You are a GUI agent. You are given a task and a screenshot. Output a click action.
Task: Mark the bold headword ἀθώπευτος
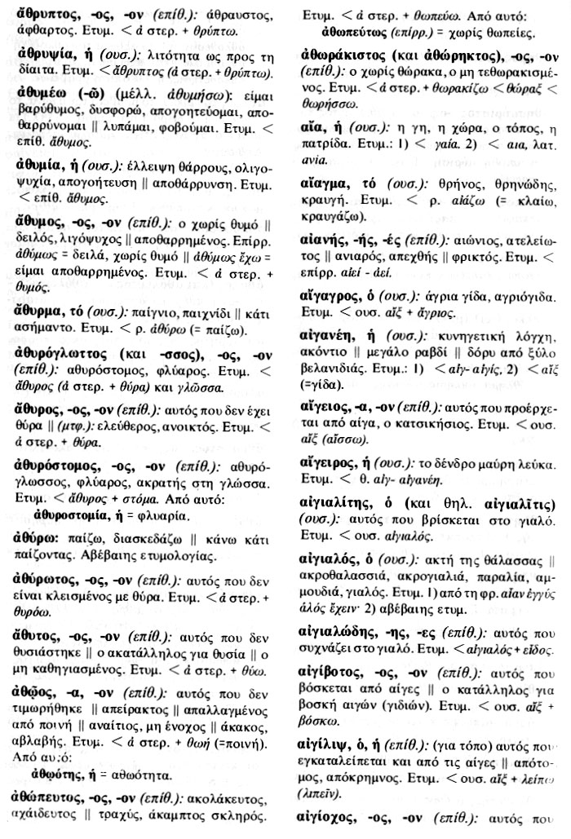click(53, 798)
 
